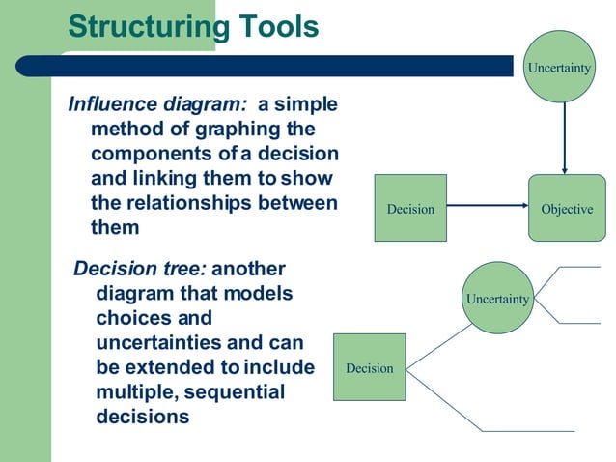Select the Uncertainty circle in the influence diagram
pyautogui.click(x=559, y=67)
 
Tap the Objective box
pyautogui.click(x=566, y=208)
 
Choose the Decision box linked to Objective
pyautogui.click(x=410, y=208)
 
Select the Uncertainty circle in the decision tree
pyautogui.click(x=497, y=299)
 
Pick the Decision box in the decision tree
pyautogui.click(x=370, y=367)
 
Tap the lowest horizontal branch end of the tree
pyautogui.click(x=527, y=430)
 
